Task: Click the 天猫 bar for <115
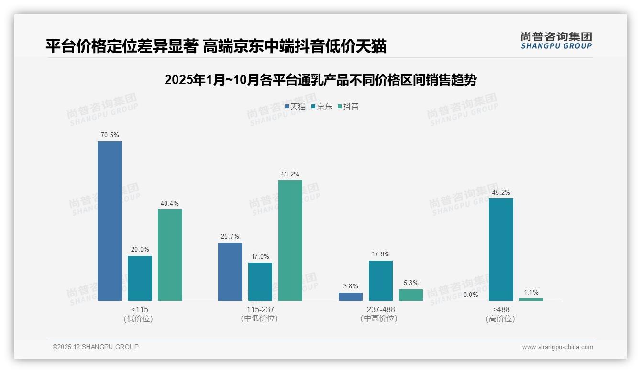(x=110, y=221)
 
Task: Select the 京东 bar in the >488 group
(x=501, y=250)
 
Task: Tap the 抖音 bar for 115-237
(x=290, y=241)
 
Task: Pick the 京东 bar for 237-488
(x=381, y=281)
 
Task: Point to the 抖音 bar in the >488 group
(x=531, y=299)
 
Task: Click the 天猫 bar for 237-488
(x=351, y=296)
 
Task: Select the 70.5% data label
(x=110, y=135)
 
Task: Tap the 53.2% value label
(x=290, y=175)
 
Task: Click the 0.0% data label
(x=471, y=295)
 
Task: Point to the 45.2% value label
(x=501, y=193)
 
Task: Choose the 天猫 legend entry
(x=295, y=107)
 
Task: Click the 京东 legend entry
(x=321, y=107)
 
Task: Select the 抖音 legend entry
(x=348, y=107)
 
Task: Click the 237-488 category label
(x=381, y=309)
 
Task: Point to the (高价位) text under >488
(x=501, y=318)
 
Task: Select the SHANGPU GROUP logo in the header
(x=556, y=41)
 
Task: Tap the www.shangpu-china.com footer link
(x=557, y=347)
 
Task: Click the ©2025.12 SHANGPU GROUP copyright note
(x=96, y=347)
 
